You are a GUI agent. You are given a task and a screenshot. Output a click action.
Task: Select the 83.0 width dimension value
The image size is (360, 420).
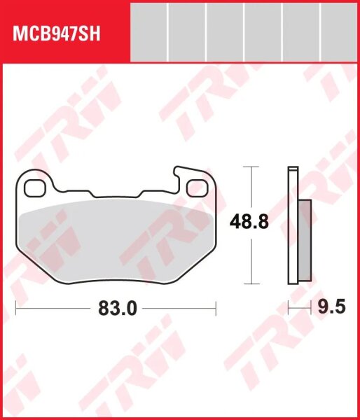pos(117,309)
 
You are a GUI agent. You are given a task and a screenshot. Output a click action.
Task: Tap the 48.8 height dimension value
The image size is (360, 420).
pos(249,223)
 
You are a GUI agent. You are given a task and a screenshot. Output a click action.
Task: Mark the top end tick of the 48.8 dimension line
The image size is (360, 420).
pos(249,167)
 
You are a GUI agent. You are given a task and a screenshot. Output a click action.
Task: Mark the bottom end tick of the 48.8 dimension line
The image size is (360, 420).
pos(249,284)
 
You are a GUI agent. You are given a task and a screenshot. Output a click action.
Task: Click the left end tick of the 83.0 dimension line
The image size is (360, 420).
pos(17,307)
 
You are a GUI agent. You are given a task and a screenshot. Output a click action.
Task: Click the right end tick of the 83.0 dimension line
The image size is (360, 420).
pos(216,307)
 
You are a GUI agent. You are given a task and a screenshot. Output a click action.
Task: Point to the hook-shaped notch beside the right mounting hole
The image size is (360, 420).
pos(180,171)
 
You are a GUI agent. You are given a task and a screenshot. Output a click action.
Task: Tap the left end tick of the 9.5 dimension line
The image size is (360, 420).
pos(289,307)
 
